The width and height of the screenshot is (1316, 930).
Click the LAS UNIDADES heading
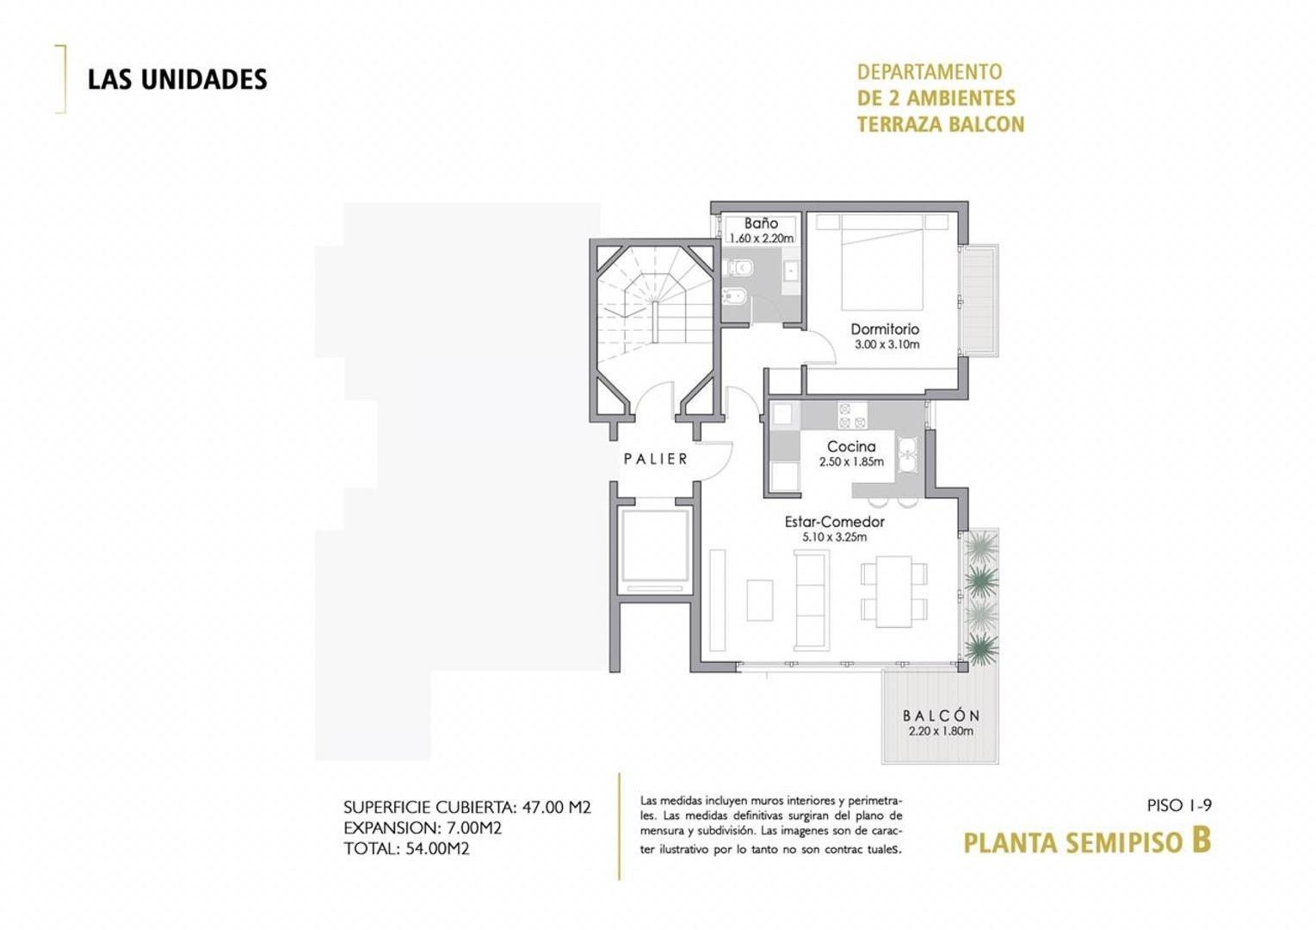coord(177,79)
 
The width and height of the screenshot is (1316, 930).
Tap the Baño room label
coord(761,223)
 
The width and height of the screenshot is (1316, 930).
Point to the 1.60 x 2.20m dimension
coord(761,239)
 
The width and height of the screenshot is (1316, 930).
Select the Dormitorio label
coord(885,329)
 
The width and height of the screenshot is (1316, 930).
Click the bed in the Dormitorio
coord(882,263)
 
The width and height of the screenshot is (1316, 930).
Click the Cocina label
coord(851,446)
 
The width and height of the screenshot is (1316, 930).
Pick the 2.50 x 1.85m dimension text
coord(851,462)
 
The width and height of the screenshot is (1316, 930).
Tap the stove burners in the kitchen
coord(852,416)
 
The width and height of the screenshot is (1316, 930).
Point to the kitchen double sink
coord(906,454)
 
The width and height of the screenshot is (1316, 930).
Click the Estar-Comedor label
coord(834,522)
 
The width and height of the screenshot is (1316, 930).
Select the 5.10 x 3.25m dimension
coord(834,537)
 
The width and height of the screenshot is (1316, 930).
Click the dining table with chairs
coord(894,591)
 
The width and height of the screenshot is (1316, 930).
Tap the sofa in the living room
coord(811,600)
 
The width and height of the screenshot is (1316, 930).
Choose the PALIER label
coord(656,459)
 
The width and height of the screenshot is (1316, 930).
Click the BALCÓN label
coord(941,716)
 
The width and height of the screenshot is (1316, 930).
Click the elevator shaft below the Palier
coord(655,548)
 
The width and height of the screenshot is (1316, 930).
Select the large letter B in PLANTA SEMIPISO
coord(1201,839)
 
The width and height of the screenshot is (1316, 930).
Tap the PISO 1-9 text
coord(1179,806)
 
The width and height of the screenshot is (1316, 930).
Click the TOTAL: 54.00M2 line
coord(406,848)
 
